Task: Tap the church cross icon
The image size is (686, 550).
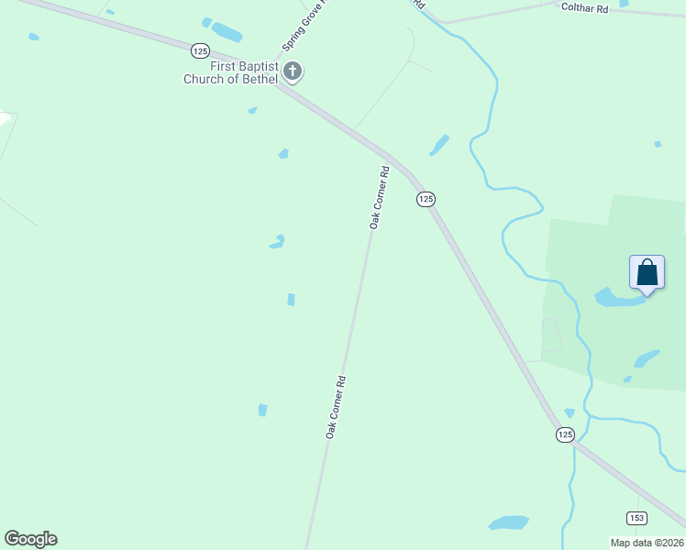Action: [x=293, y=71]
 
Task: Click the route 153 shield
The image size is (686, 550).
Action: [x=636, y=518]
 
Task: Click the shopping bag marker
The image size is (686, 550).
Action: [x=647, y=273]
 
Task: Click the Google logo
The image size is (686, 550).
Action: [x=30, y=539]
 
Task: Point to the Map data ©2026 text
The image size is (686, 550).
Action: [x=647, y=543]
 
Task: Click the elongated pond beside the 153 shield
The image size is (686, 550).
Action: [x=509, y=522]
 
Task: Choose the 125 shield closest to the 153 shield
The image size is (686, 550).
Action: [x=565, y=434]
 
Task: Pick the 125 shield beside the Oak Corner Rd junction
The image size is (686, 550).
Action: [x=426, y=199]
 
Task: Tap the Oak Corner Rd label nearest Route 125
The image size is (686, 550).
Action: [x=380, y=197]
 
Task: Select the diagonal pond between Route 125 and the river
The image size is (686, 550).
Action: [x=440, y=145]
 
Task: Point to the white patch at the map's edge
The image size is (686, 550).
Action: [x=5, y=118]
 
